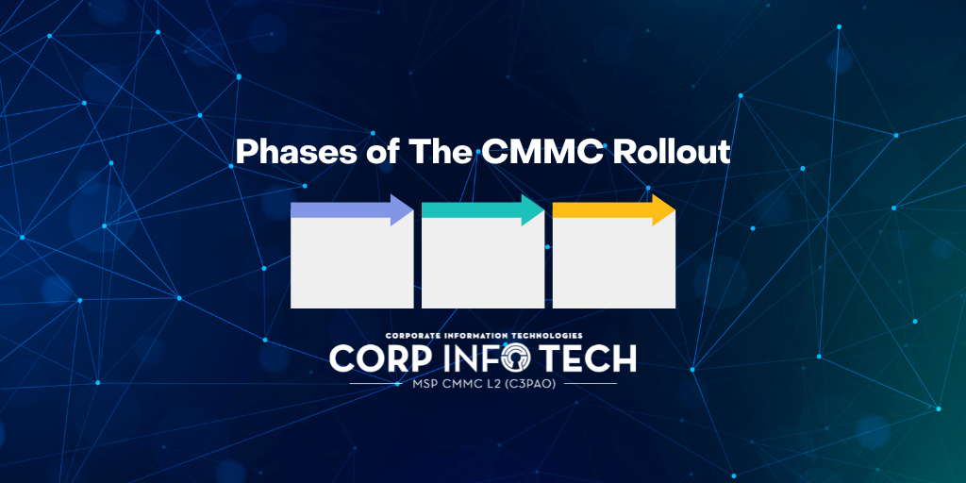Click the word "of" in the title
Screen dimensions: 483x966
369,153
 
